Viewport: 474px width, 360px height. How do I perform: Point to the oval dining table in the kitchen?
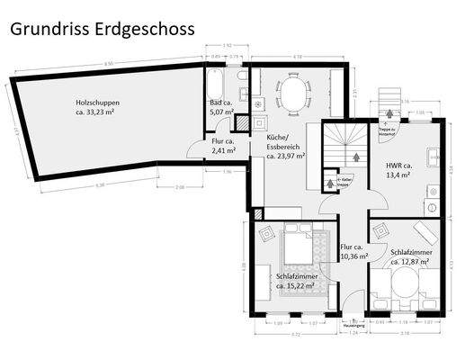[x=291, y=92]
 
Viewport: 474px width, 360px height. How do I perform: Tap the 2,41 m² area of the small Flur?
[x=222, y=150]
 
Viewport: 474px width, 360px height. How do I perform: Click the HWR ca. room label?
[x=398, y=166]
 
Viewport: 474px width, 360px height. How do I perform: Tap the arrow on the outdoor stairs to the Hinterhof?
[x=389, y=113]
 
